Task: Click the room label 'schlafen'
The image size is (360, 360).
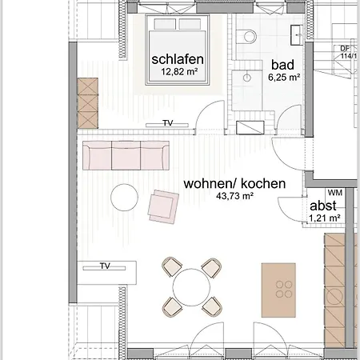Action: point(178,59)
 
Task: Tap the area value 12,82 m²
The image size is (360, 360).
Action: point(178,72)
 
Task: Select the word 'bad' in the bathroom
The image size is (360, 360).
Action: point(282,65)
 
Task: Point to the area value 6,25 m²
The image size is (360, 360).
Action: point(282,78)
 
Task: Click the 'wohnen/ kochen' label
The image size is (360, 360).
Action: point(234,183)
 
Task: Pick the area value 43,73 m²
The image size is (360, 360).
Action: point(234,196)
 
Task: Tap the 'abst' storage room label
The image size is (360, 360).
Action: point(324,205)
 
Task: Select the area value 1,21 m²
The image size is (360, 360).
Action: point(325,218)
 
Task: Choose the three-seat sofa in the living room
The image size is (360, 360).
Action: point(126,155)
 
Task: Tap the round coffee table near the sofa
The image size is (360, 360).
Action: point(125,196)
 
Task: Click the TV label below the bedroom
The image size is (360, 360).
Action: point(168,123)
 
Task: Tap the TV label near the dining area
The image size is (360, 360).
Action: point(104,266)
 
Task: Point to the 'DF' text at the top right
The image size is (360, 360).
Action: point(345,48)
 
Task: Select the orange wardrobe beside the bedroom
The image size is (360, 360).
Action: point(86,102)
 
